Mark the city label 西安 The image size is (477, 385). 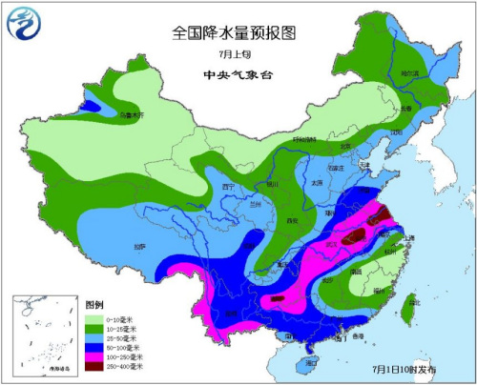point(284,220)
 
